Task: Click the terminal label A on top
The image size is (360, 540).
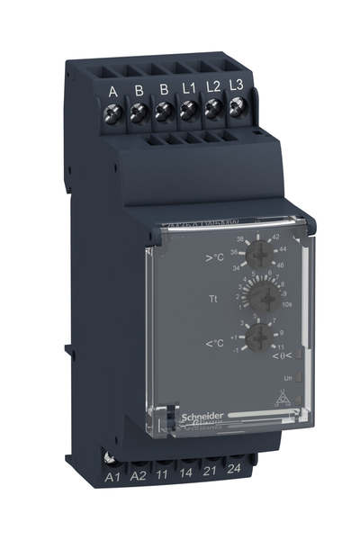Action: point(114,90)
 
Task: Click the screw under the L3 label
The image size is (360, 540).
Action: point(237,111)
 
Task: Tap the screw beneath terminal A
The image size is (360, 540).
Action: point(115,113)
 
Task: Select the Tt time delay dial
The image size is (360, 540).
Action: point(262,296)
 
